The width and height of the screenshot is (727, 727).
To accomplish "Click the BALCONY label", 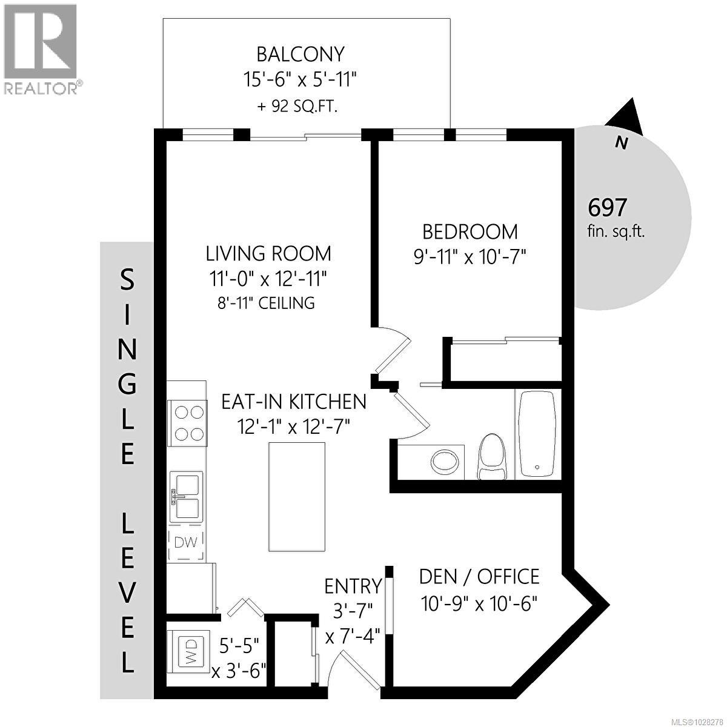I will (300, 55).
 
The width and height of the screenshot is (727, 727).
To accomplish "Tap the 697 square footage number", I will (607, 208).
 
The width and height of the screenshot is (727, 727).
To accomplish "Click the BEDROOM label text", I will (470, 231).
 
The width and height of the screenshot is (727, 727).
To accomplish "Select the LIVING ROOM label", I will (268, 253).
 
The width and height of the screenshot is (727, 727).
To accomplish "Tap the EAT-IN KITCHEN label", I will (294, 401).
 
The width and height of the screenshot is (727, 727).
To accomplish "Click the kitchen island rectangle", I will (296, 497).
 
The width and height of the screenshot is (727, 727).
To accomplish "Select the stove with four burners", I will (188, 423).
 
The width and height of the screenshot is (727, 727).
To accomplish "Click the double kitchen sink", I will (186, 496).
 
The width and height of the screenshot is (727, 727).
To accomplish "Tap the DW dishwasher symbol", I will (186, 542).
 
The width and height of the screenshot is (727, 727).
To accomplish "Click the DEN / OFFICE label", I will (479, 576).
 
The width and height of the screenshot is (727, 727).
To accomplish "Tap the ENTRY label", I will (353, 586).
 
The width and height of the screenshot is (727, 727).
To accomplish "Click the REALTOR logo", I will (41, 48).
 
